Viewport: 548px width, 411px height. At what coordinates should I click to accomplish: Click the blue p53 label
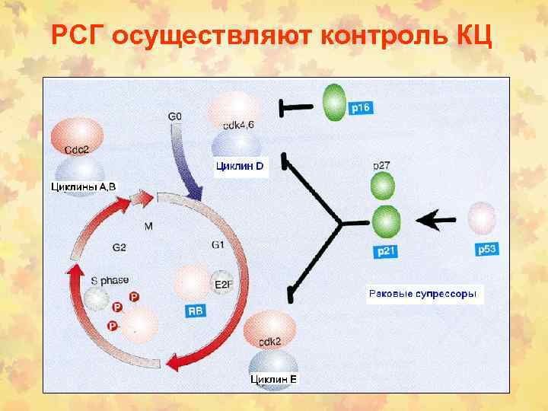[x=487, y=249]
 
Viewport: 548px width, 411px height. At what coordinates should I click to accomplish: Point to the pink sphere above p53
[x=483, y=220]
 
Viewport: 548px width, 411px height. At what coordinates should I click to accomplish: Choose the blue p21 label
[x=387, y=250]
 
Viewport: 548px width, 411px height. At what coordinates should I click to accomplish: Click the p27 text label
[x=382, y=164]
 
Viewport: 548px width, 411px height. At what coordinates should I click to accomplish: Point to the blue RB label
[x=196, y=311]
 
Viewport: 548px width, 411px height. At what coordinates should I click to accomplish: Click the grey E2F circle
[x=223, y=285]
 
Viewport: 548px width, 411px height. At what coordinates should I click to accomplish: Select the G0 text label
[x=174, y=116]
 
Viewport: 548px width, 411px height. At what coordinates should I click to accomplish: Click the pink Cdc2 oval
[x=78, y=139]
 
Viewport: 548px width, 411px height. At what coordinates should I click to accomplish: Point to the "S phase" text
[x=110, y=280]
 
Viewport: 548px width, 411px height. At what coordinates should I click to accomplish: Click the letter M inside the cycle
[x=148, y=226]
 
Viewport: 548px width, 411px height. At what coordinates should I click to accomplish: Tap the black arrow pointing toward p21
[x=436, y=221]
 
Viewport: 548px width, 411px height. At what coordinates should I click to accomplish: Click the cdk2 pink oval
[x=270, y=330]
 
